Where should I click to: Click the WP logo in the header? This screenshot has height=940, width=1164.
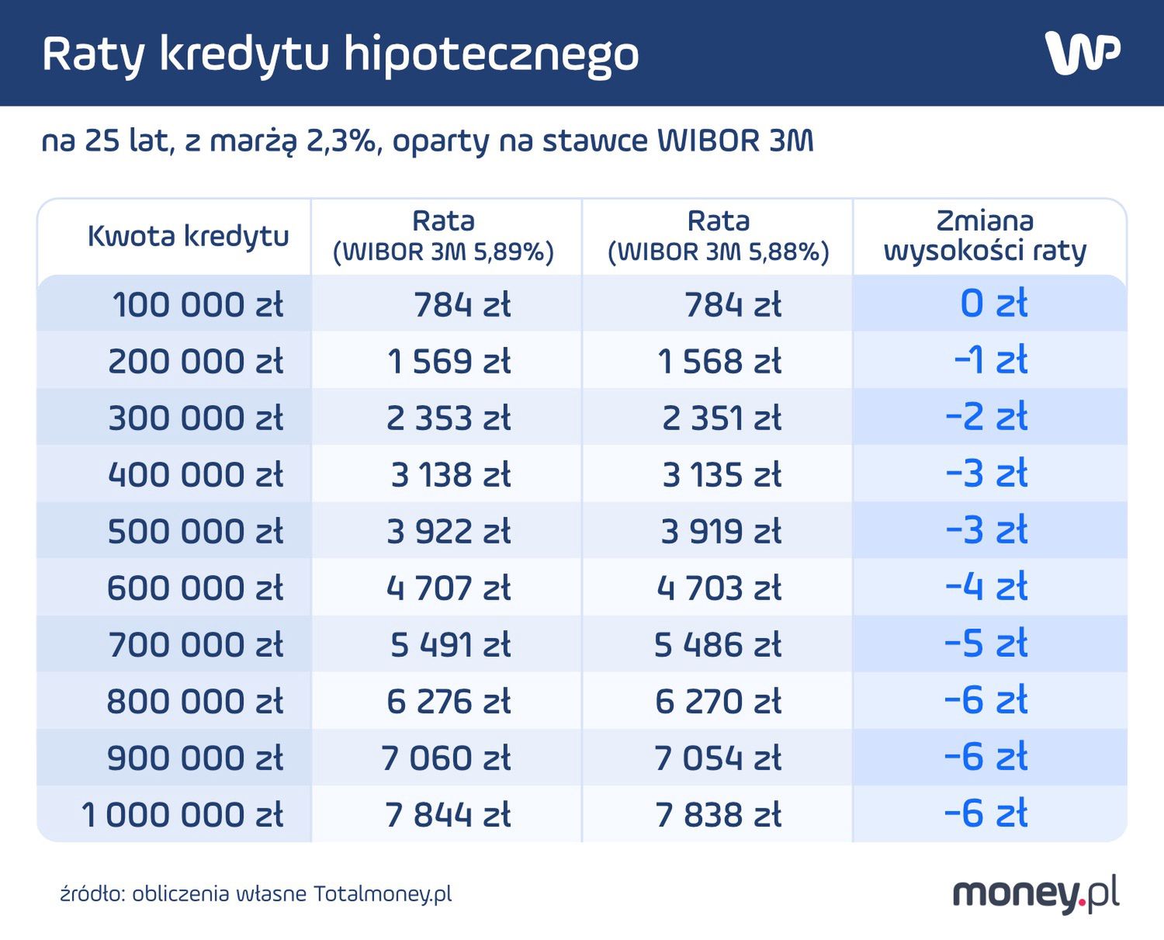(x=1083, y=53)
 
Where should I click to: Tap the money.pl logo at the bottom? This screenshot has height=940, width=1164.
(x=1036, y=894)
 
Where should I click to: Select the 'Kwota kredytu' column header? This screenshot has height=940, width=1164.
(x=188, y=236)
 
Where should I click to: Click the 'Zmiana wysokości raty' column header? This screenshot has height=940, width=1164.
(x=985, y=236)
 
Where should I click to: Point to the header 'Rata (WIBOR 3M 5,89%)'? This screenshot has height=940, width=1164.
(x=443, y=237)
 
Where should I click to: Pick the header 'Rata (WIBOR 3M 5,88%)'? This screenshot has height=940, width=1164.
(x=719, y=237)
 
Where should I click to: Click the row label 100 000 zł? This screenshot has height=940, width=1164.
(x=198, y=304)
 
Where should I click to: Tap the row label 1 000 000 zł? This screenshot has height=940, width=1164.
(x=182, y=815)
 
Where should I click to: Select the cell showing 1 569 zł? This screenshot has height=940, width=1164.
(x=449, y=362)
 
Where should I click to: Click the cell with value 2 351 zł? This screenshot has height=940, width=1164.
(x=721, y=418)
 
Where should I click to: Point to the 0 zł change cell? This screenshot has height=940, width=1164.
(x=993, y=304)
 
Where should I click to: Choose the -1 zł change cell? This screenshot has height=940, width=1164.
(x=990, y=361)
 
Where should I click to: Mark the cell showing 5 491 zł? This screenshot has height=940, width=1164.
(x=450, y=645)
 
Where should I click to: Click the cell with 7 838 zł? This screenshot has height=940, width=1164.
(x=718, y=815)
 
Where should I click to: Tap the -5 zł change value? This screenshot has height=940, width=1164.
(x=986, y=644)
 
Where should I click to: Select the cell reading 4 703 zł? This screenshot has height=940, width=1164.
(x=719, y=588)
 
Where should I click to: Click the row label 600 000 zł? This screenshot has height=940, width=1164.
(x=195, y=588)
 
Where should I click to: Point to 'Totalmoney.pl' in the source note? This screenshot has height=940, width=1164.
(x=383, y=894)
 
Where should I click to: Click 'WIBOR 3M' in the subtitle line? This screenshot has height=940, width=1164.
(x=735, y=141)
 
